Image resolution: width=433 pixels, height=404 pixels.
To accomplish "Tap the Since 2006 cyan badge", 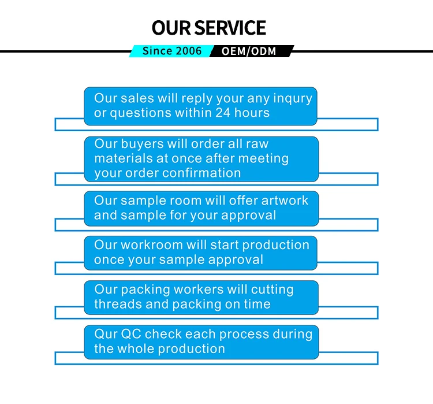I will coord(172,51).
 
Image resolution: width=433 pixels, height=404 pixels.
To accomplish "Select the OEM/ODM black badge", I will coord(250,51).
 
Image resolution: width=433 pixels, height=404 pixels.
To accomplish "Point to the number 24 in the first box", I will coord(223,113).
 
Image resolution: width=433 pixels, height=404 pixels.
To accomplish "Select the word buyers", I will coord(141,144).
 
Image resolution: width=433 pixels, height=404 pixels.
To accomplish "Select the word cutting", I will coord(271,290).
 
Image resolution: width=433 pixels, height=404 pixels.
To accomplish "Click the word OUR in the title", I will coord(171,27).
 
